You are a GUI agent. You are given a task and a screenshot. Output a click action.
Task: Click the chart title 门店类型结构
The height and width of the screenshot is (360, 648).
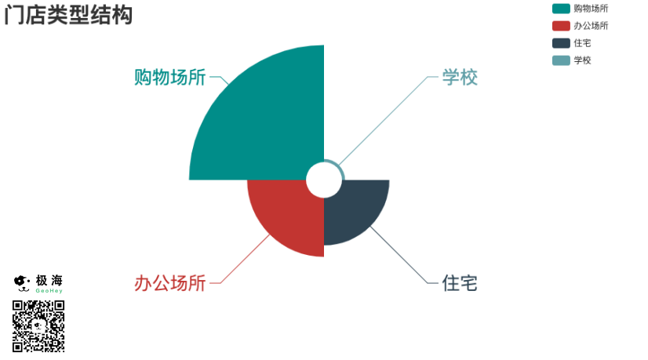[x=68, y=15]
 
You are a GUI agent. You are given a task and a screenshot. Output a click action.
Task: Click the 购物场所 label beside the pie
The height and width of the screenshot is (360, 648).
[x=170, y=78]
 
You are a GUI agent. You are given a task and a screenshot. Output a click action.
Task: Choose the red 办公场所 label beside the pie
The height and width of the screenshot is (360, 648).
[x=170, y=283]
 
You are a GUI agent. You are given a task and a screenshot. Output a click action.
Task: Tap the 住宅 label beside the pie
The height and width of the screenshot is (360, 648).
[x=460, y=283]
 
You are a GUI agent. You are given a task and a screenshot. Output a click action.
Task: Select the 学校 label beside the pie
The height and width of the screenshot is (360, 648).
[x=460, y=78]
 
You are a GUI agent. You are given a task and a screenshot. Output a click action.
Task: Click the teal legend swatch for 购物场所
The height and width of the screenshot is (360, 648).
[x=561, y=9]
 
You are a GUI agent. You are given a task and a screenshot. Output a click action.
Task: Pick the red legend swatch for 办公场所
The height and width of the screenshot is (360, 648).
[x=561, y=26]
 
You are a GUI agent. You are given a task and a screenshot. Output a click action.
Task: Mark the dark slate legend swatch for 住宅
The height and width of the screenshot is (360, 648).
[x=561, y=43]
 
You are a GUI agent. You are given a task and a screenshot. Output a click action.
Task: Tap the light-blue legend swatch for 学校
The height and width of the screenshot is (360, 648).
[x=561, y=60]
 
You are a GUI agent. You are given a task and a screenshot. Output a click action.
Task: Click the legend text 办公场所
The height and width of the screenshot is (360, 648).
[x=591, y=26]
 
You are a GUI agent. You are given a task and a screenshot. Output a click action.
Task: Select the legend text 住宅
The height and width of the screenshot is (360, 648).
[x=582, y=43]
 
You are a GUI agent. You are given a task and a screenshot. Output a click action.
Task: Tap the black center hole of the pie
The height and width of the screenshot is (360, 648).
[x=323, y=180]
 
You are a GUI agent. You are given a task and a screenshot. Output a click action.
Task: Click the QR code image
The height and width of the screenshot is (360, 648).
[x=38, y=325]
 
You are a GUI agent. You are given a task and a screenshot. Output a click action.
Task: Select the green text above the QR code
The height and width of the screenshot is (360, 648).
[x=49, y=290]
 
